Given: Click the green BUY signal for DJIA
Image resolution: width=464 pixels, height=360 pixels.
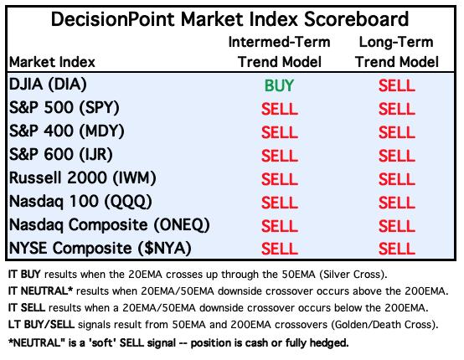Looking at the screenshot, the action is (279, 85).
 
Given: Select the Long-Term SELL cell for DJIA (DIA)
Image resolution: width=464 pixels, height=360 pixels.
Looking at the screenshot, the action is (397, 85).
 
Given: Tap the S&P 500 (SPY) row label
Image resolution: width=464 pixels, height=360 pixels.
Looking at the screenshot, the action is (64, 108).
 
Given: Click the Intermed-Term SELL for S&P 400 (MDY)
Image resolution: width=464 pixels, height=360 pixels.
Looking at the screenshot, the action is (280, 132).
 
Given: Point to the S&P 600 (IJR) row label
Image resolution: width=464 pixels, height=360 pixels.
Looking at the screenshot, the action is (61, 154).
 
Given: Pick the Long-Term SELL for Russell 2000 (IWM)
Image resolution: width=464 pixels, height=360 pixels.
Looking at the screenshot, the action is (397, 179).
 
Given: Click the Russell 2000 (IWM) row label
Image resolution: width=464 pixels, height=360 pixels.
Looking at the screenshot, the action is (83, 178).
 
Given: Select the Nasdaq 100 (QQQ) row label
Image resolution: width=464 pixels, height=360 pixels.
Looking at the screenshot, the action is (80, 202).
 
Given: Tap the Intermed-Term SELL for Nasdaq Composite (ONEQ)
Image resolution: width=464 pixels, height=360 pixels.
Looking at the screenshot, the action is (280, 226).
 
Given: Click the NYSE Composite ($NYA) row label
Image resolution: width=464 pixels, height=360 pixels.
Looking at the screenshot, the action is (100, 248).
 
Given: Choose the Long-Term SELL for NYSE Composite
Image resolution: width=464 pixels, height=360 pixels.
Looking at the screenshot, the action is (397, 249).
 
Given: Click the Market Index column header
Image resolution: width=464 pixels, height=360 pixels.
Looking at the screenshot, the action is (52, 62).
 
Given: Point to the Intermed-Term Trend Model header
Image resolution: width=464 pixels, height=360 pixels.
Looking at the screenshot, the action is (280, 52).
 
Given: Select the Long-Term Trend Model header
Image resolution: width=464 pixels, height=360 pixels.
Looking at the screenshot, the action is (397, 52).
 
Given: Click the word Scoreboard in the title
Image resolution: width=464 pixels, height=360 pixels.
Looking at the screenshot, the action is (356, 19).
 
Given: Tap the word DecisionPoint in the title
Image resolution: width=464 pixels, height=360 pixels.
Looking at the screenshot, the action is (113, 19).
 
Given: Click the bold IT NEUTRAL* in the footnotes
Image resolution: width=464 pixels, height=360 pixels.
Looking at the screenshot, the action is (40, 291).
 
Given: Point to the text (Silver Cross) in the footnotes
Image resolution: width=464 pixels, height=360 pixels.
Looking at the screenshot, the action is (353, 275).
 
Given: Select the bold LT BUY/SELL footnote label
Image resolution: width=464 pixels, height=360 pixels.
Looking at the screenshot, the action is (41, 325).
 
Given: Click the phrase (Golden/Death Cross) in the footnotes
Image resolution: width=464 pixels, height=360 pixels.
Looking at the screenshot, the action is (384, 325).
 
